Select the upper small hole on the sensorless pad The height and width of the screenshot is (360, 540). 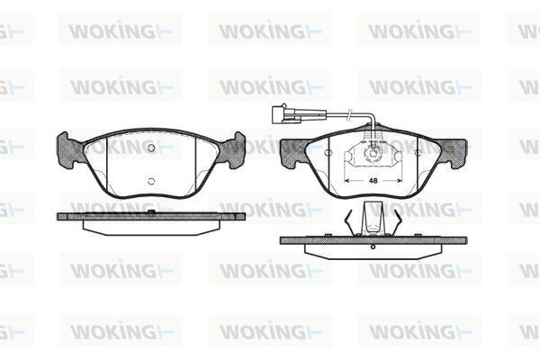coord(152,148)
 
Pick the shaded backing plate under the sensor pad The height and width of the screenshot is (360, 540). coord(374,239)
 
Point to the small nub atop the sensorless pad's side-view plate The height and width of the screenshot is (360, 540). coord(153,211)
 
